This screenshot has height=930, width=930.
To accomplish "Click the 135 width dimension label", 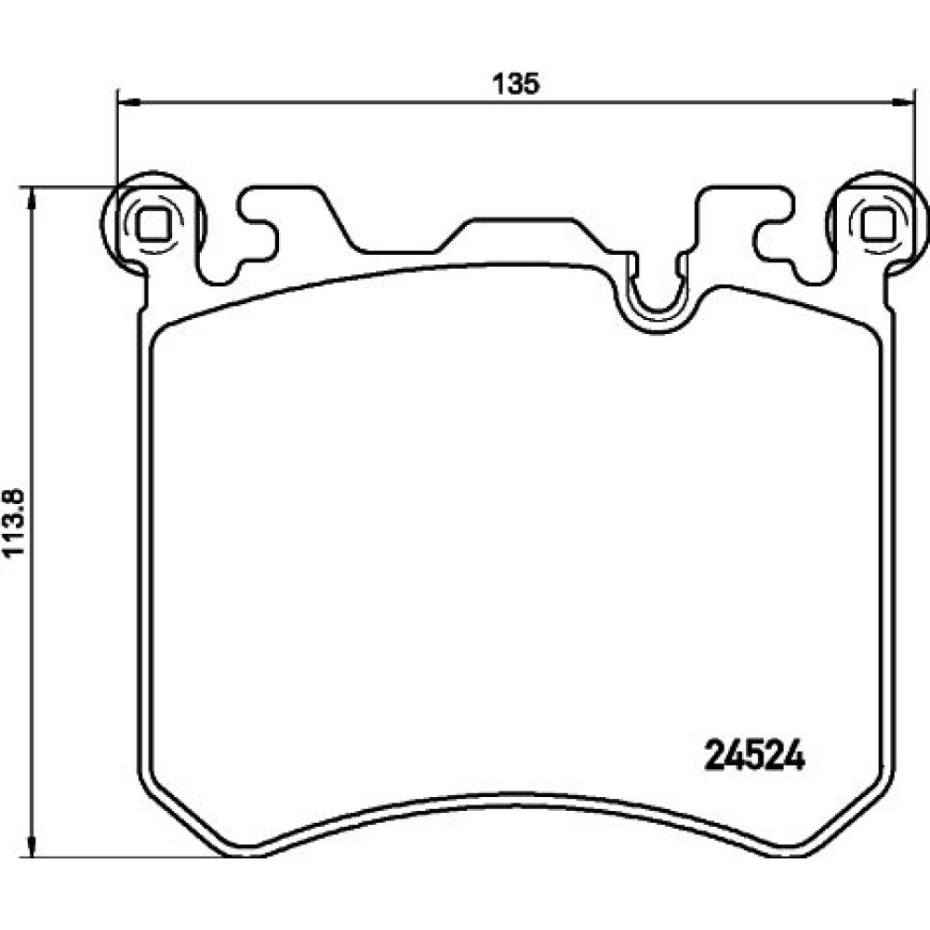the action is click(x=516, y=85).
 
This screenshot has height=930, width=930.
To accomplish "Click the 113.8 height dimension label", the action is click(x=14, y=523).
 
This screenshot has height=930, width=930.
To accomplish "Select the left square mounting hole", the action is click(x=153, y=225).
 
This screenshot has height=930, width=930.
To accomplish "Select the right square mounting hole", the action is click(x=878, y=225).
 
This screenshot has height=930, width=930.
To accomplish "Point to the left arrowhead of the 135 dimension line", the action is click(x=129, y=102).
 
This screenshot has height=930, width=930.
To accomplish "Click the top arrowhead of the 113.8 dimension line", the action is click(x=32, y=199).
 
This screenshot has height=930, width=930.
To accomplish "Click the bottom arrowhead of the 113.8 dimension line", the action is click(x=32, y=845).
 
